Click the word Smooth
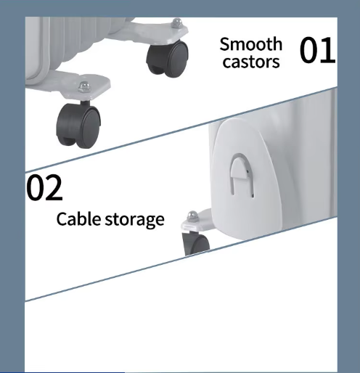(251, 44)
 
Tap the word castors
(251, 62)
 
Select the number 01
(317, 50)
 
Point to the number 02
(44, 187)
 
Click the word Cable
(78, 219)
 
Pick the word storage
(135, 220)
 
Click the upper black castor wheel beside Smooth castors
(168, 59)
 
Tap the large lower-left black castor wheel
(78, 126)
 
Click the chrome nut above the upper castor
(177, 23)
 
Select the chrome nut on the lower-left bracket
(84, 86)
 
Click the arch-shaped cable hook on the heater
(242, 173)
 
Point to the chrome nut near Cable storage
(192, 216)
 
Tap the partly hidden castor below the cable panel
(196, 243)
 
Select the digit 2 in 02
(54, 187)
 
